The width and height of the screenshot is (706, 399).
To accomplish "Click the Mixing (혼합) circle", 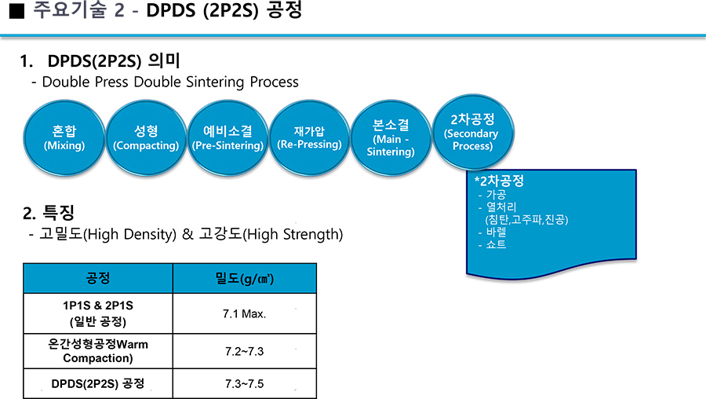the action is tap(64, 137).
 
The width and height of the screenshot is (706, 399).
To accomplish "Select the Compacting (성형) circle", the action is tap(147, 137).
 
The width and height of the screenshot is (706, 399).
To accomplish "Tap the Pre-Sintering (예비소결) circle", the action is tap(227, 137).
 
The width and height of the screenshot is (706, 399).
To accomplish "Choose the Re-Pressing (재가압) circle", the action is tap(309, 137).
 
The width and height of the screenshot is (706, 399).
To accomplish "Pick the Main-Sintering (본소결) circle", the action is tap(391, 137).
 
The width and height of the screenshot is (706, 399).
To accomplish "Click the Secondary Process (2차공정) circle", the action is tap(473, 132).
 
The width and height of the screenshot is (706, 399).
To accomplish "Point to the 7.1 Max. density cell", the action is tap(245, 314).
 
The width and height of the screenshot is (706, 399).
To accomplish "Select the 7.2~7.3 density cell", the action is tap(245, 351).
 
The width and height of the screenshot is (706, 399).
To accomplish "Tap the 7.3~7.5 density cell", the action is tap(245, 383).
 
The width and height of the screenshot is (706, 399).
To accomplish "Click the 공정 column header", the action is tap(98, 278).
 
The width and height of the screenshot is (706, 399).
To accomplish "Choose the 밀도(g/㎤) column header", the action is tap(245, 278).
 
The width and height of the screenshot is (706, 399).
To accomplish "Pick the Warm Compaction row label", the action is tap(98, 351).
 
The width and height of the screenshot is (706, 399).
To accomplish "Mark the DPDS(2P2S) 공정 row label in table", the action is tap(98, 383).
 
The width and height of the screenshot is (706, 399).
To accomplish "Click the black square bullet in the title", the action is tap(16, 11).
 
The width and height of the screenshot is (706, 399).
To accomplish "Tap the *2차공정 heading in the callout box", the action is tap(499, 181).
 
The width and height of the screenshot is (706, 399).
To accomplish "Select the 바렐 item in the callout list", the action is tap(497, 232).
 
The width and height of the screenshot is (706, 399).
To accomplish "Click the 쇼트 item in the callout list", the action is tap(497, 244).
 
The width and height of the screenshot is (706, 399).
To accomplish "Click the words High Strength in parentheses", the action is tap(293, 234).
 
